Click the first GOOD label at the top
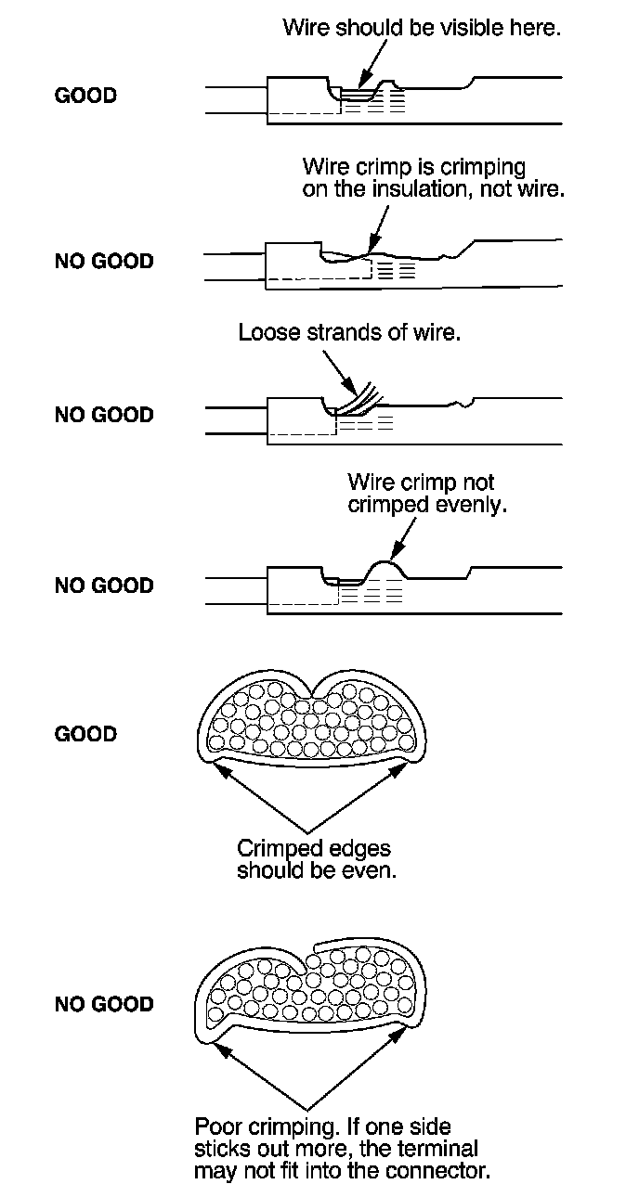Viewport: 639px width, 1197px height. pos(85,96)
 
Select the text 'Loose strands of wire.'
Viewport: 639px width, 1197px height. pos(349,332)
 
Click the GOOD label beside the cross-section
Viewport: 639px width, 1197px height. pos(85,734)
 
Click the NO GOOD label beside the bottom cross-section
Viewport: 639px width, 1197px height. pos(103,1004)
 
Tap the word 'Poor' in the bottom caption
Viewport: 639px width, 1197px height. pos(215,1126)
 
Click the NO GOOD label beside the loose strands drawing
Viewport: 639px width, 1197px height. pos(103,414)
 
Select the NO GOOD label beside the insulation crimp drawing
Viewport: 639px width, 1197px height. pos(103,261)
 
